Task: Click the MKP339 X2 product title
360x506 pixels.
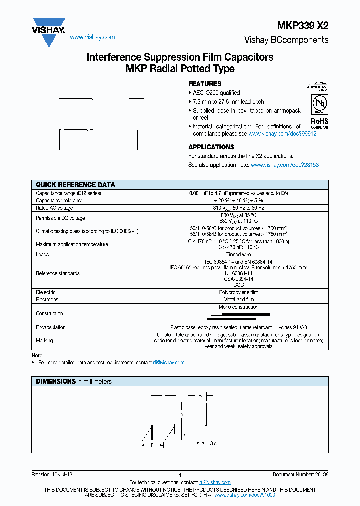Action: (303, 27)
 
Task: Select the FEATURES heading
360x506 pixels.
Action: (204, 84)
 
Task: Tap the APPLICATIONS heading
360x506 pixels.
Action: (211, 147)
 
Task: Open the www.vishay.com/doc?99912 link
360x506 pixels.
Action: (282, 134)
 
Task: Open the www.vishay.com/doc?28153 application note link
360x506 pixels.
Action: (284, 165)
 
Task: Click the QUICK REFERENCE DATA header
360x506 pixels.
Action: (75, 185)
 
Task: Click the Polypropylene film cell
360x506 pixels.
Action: (238, 292)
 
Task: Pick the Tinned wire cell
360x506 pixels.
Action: (238, 254)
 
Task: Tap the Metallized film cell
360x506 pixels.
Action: (238, 299)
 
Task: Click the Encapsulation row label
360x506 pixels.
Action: (51, 327)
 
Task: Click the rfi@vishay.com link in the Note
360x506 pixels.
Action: (168, 362)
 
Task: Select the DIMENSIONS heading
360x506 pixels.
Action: (55, 381)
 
